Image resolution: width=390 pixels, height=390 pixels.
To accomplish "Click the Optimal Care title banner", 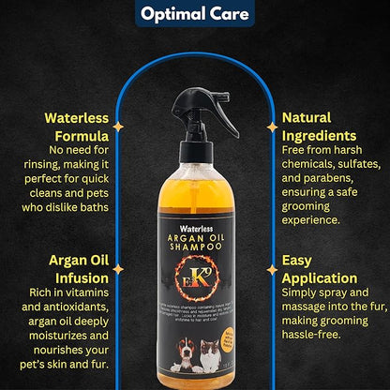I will pos(194,13).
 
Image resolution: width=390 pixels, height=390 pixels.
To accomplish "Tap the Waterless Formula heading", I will pos(71,128).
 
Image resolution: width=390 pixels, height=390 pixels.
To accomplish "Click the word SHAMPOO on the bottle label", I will pos(194,247).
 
